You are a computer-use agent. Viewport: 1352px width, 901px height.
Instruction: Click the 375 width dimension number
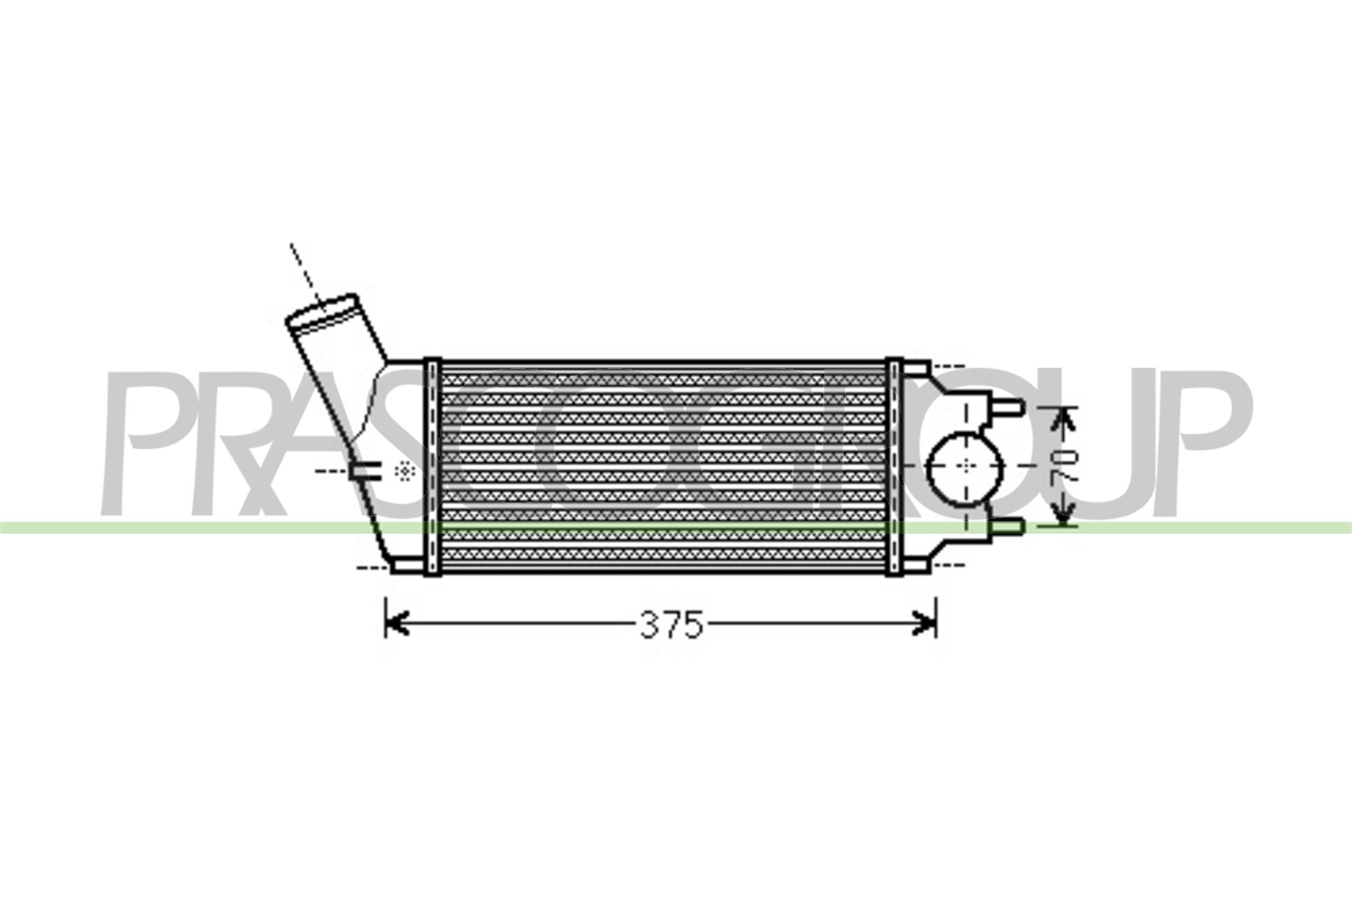671,625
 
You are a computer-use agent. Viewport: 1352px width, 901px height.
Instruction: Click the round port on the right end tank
965,470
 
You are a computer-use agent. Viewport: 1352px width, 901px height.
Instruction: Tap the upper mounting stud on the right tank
1008,408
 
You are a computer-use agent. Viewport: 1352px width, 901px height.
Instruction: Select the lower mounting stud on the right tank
1008,527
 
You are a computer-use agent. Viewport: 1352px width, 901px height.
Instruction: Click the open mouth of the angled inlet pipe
322,313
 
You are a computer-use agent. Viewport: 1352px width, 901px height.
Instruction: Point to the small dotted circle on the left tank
406,471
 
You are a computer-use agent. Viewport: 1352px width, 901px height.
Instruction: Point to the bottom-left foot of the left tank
405,566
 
